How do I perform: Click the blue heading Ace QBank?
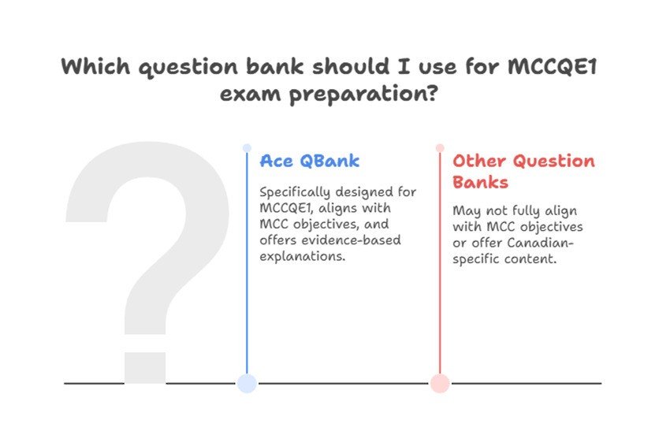(x=310, y=161)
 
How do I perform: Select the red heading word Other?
(x=479, y=161)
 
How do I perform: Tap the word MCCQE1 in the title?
(x=552, y=67)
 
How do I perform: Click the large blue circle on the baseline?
(x=247, y=383)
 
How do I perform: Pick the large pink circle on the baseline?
(x=440, y=383)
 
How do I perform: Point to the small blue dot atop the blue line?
(x=247, y=148)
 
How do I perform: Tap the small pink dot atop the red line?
(x=440, y=148)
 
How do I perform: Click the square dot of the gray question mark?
(x=145, y=368)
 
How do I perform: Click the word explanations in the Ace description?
(x=303, y=257)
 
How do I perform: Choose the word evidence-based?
(x=352, y=240)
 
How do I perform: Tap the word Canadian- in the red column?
(x=540, y=243)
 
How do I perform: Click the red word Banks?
(x=480, y=182)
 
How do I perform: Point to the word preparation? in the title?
(x=363, y=94)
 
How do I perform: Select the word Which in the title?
(x=95, y=67)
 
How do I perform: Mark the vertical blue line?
(x=247, y=262)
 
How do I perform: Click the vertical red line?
(x=440, y=262)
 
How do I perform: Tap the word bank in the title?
(x=275, y=67)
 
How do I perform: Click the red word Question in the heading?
(x=554, y=161)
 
